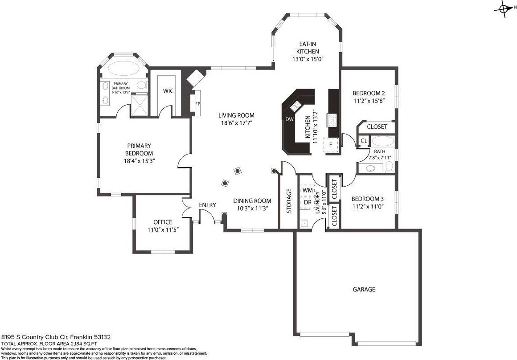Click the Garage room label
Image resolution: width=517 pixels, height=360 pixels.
[364, 290]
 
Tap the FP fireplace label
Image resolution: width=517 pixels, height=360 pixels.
[198, 104]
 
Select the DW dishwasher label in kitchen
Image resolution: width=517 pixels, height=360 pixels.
[290, 119]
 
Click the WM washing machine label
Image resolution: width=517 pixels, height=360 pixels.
[307, 191]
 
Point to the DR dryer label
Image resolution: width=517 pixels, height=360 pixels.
[308, 202]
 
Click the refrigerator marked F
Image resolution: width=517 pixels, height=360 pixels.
[331, 144]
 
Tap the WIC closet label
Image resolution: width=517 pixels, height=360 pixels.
[168, 91]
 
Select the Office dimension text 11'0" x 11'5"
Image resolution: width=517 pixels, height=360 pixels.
[163, 230]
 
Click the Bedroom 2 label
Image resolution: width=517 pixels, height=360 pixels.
[369, 93]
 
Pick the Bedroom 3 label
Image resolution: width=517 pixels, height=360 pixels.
[367, 199]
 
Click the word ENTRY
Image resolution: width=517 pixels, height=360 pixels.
[207, 205]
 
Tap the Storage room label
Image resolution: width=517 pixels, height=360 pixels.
[289, 201]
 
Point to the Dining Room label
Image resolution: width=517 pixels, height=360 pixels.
[252, 201]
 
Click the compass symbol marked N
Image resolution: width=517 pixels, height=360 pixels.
[504, 9]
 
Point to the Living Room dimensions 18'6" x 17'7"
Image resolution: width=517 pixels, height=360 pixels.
[236, 123]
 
